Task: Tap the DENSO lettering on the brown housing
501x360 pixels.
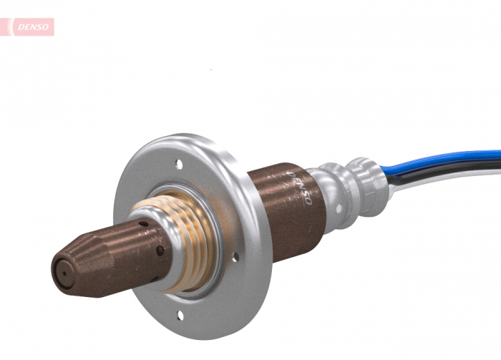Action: (299, 188)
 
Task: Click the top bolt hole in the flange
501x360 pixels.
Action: (179, 165)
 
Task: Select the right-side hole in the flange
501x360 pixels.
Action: (237, 252)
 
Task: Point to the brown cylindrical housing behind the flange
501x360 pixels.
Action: (279, 208)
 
